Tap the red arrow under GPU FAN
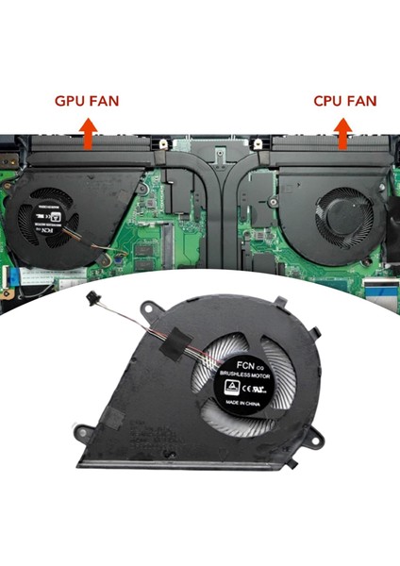(88, 135)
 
